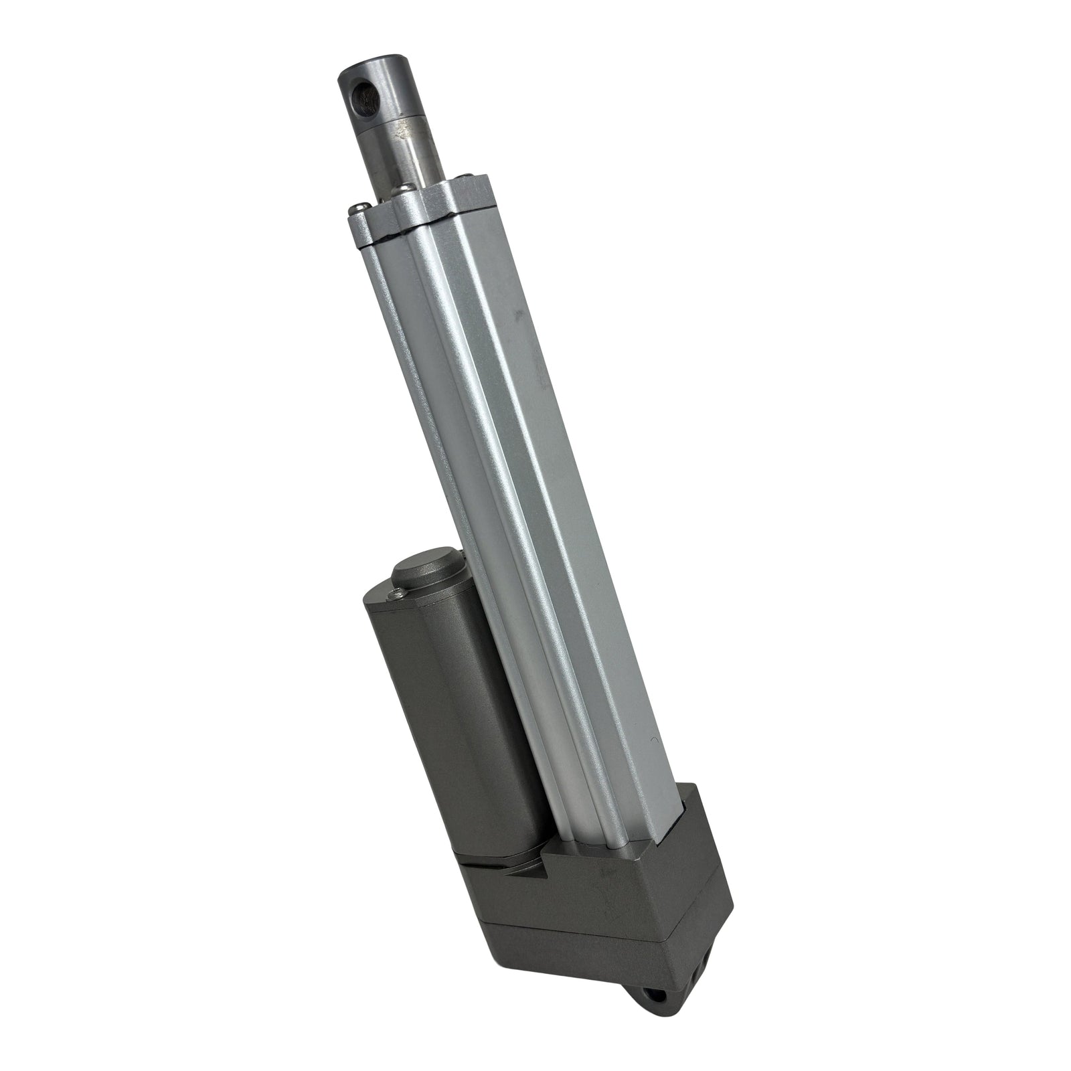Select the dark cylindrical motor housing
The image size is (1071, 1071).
455,723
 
